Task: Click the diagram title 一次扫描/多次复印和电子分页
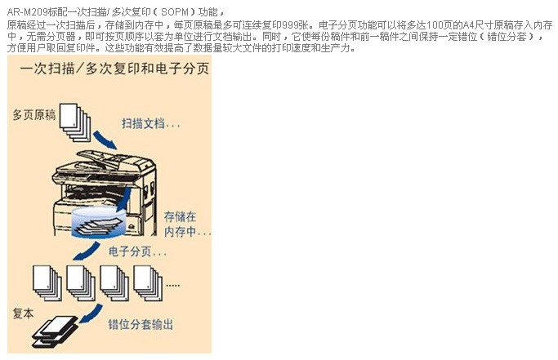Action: tap(114, 69)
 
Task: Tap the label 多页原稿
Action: tap(34, 115)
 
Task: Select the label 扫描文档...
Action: tap(150, 123)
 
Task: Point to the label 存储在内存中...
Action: tap(188, 224)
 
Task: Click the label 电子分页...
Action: tap(137, 251)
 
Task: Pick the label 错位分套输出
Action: tap(141, 324)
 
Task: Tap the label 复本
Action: tap(23, 313)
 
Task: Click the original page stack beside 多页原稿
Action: tap(74, 122)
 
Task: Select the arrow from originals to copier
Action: tap(105, 140)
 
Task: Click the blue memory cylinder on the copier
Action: tap(99, 222)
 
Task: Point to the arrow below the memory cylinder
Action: tap(87, 251)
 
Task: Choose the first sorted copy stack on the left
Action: tap(47, 282)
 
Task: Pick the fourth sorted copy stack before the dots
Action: tap(148, 282)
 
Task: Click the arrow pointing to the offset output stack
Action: tap(91, 313)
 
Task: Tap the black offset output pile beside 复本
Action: tap(55, 331)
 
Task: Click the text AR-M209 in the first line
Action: tap(27, 12)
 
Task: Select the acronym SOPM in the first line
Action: tap(175, 12)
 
